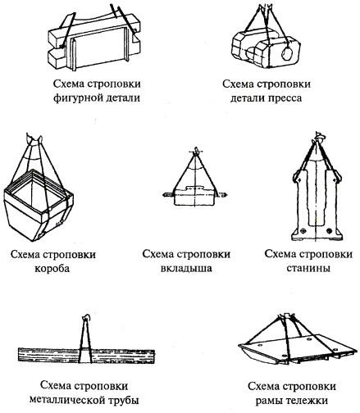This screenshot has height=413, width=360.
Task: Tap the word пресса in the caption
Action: (x=285, y=98)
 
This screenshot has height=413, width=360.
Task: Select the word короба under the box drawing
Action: (x=52, y=269)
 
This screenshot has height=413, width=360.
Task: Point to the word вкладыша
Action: (x=186, y=269)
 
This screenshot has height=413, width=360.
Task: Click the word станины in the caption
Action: (x=308, y=268)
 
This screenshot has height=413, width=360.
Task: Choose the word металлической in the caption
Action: (x=67, y=401)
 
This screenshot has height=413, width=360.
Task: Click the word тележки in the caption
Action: (x=306, y=401)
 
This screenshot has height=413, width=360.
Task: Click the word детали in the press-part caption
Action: (x=248, y=98)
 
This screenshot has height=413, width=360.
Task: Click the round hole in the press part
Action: (x=287, y=54)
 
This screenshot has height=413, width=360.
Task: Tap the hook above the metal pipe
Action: (x=86, y=318)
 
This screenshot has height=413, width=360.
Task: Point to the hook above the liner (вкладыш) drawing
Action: (x=196, y=151)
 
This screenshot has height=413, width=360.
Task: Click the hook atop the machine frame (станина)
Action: (x=318, y=136)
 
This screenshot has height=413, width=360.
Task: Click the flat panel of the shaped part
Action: (x=99, y=51)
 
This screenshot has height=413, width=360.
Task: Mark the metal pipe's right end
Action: (x=154, y=356)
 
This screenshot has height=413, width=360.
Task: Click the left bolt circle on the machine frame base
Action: (x=303, y=231)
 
